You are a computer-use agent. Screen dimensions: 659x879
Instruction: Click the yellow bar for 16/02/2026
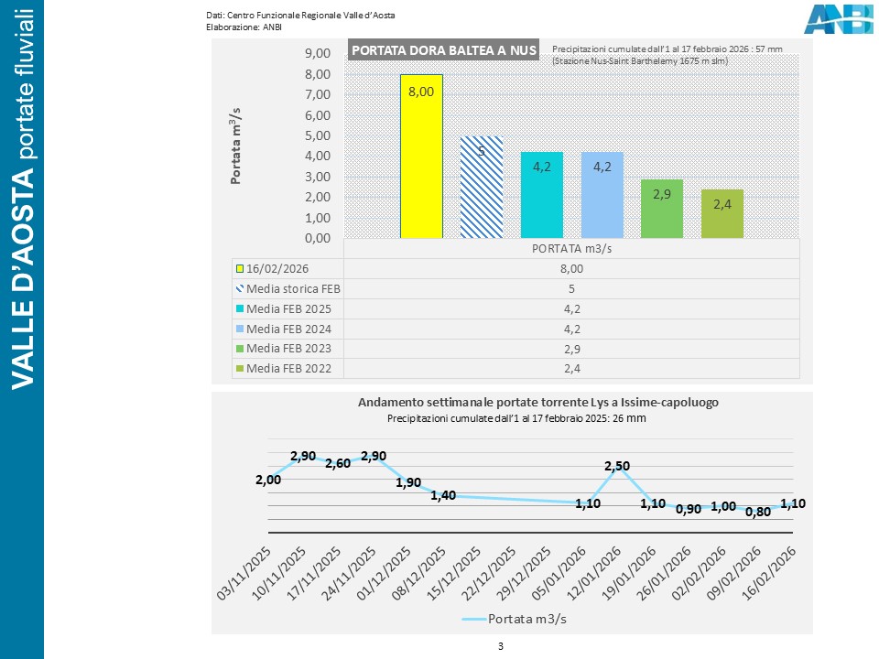pos(421,156)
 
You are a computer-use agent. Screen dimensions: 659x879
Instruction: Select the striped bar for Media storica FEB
pos(482,187)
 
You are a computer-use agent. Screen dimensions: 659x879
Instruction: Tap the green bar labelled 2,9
pos(662,209)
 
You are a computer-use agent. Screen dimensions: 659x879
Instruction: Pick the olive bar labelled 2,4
pos(722,213)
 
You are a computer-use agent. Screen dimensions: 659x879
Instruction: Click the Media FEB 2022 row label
pos(288,369)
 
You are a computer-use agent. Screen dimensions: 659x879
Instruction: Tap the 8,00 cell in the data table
pos(571,268)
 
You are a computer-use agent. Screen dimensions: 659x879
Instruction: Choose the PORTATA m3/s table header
pos(571,248)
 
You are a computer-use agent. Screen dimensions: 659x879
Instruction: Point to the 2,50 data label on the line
pos(617,467)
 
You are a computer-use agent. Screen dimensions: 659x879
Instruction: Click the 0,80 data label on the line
pos(757,513)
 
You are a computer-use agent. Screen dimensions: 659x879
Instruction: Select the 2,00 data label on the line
pos(268,480)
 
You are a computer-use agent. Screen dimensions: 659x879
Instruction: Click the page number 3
pos(501,646)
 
